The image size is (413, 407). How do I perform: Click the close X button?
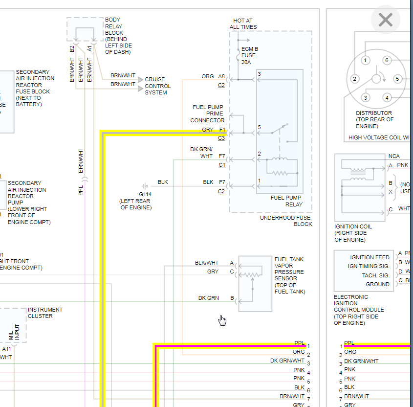[386, 20]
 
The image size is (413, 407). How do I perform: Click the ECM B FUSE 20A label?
[250, 55]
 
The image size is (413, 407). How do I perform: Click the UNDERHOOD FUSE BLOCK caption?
[285, 221]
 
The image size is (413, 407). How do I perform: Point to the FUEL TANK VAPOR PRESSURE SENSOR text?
[289, 275]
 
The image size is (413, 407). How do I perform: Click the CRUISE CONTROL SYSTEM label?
[157, 86]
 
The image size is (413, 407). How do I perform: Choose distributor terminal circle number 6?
[387, 61]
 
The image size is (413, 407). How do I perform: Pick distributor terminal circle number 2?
[355, 79]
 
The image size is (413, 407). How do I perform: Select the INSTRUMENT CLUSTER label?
[45, 313]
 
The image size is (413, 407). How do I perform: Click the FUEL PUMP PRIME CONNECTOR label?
[208, 113]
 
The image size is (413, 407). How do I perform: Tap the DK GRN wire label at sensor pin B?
[209, 298]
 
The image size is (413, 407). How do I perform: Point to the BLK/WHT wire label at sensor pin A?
[207, 263]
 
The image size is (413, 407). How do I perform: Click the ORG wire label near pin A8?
[208, 76]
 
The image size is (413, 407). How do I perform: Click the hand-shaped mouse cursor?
[222, 320]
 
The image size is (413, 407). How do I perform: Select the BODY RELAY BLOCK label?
[118, 36]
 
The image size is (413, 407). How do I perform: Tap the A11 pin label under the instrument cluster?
[6, 349]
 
